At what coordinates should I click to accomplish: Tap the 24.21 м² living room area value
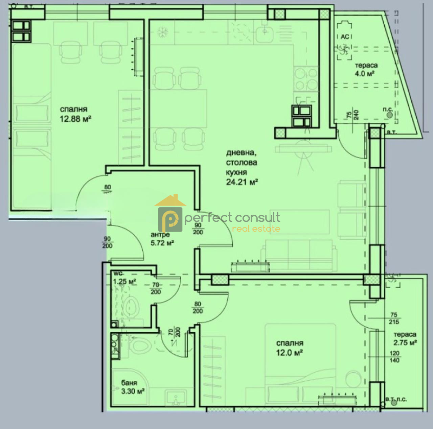point(242,182)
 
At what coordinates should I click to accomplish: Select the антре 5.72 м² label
point(162,239)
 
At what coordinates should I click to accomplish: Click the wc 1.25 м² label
point(124,278)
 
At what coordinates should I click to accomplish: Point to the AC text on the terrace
point(345,37)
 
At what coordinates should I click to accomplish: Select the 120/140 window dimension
point(394,357)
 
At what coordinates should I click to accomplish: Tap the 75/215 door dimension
point(394,318)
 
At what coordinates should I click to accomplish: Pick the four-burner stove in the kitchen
point(306,79)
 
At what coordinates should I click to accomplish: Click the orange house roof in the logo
point(170,200)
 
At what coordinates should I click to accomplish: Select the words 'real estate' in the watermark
point(256,229)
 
